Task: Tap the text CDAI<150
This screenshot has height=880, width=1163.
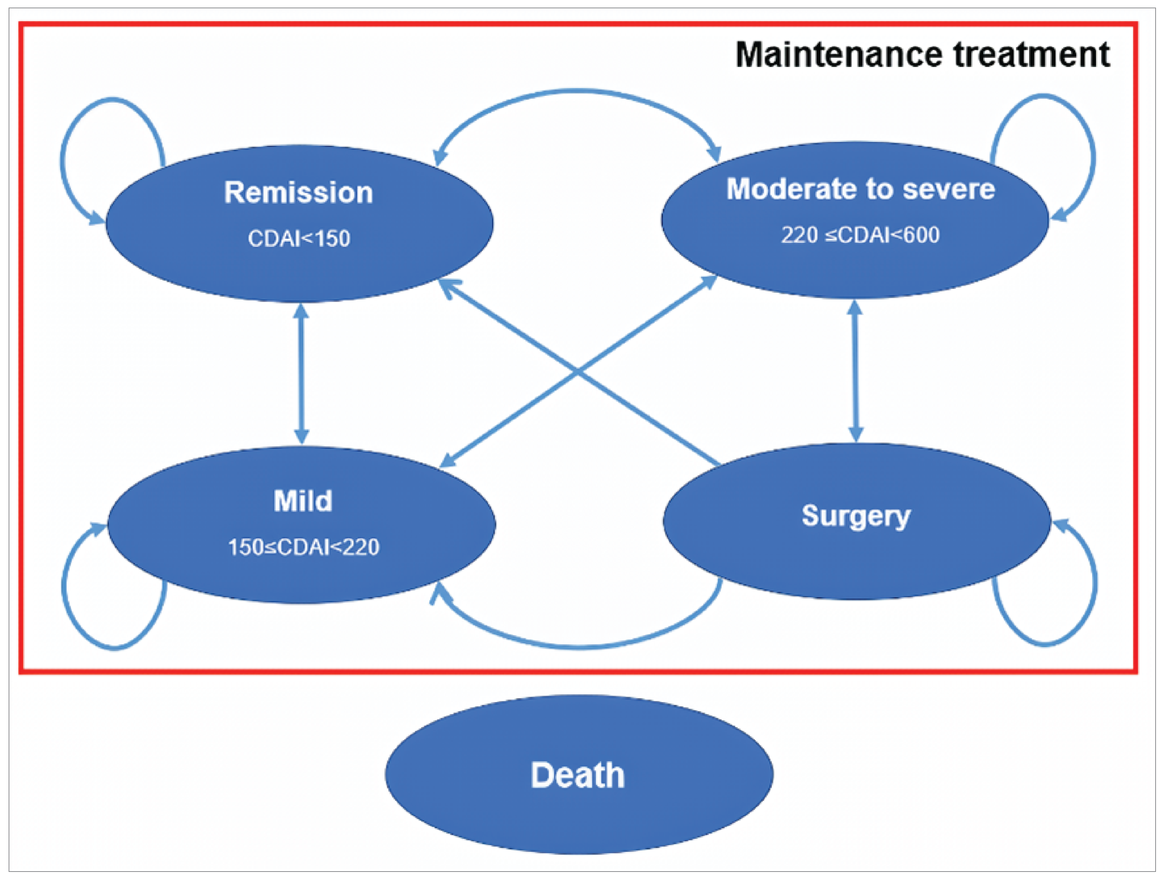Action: (x=299, y=238)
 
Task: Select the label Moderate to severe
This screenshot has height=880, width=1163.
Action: (x=860, y=189)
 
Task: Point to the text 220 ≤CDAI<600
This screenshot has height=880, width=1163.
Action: (x=860, y=235)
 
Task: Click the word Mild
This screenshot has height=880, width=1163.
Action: (x=303, y=501)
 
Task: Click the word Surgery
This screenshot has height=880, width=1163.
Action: (x=855, y=516)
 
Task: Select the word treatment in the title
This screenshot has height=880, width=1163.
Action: (x=1030, y=54)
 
